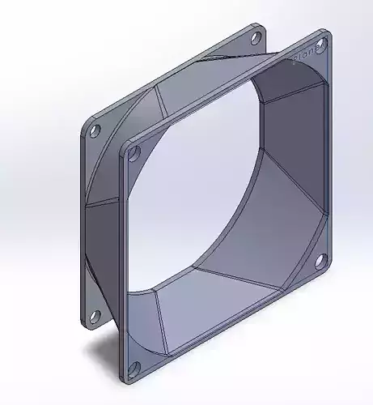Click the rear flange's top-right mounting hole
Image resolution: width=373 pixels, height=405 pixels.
point(256,36)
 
